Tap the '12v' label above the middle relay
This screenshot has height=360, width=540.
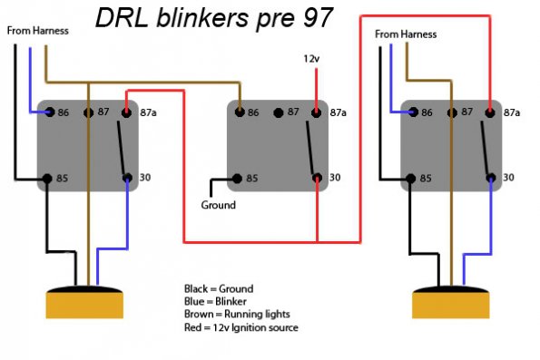point(311,59)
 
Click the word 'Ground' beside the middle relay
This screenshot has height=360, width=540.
point(218,205)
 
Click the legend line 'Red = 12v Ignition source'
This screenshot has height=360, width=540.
point(241,327)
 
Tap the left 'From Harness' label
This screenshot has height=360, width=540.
point(38,31)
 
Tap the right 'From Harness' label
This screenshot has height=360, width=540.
point(405,34)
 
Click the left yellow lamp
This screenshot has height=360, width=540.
point(85,301)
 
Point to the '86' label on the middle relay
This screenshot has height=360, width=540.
point(254,112)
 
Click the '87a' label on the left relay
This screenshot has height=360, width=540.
point(146,112)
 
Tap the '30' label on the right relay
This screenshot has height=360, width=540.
point(509,178)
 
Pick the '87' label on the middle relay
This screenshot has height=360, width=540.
point(292,112)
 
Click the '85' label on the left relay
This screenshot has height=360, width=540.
point(64,178)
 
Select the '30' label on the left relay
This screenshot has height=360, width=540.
point(145,178)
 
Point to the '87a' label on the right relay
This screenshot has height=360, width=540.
point(512,112)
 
